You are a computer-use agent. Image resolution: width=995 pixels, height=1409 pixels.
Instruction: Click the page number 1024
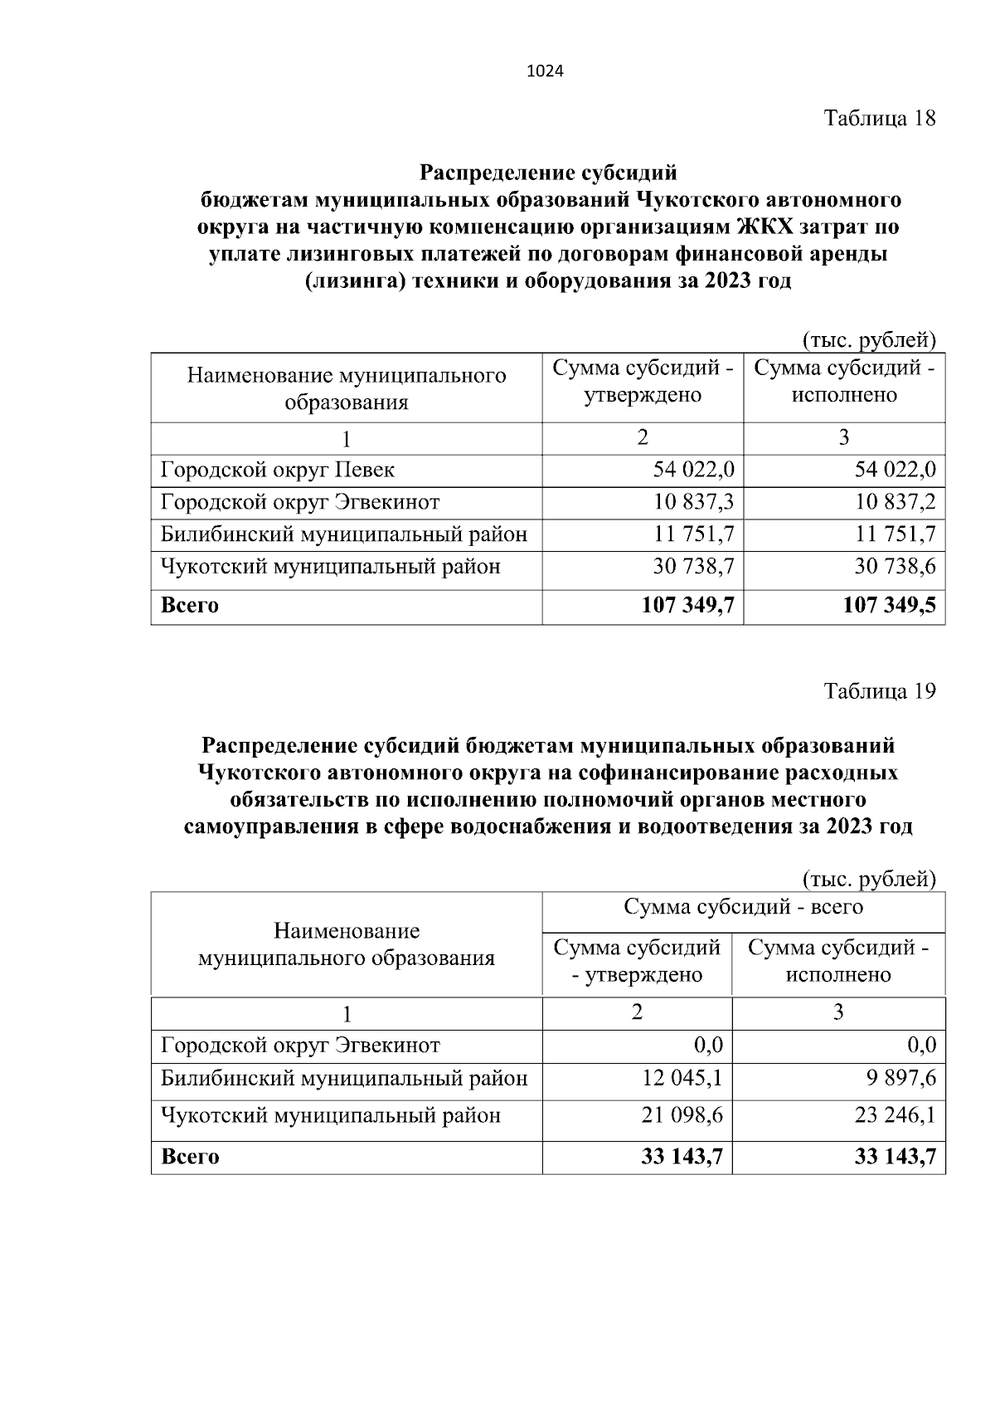tap(545, 71)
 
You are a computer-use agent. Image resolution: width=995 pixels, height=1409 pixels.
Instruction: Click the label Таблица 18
tap(879, 119)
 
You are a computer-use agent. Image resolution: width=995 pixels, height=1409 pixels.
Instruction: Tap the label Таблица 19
tap(879, 690)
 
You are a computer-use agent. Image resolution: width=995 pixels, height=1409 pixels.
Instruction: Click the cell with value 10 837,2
tap(895, 502)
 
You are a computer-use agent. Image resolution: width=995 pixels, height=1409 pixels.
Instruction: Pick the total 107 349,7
tap(687, 606)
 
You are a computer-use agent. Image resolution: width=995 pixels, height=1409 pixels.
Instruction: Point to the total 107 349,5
tap(889, 606)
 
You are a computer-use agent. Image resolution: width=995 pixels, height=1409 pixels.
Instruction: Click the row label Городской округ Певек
tap(278, 470)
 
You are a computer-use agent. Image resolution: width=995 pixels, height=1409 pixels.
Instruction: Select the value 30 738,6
tap(895, 567)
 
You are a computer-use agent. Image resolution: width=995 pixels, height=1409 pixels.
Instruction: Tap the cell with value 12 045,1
tap(682, 1079)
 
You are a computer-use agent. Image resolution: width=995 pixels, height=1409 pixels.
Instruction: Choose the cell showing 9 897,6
tap(895, 1079)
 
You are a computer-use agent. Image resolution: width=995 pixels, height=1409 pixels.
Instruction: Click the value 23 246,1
tap(895, 1115)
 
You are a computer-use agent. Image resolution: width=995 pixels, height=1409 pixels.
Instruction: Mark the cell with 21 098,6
tap(682, 1115)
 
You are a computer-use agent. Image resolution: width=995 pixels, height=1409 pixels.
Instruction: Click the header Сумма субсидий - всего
tap(743, 907)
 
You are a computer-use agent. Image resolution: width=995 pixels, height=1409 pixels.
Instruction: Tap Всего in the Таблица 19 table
tap(190, 1157)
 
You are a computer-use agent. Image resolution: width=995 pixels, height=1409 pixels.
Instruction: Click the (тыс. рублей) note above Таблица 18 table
tap(867, 339)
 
